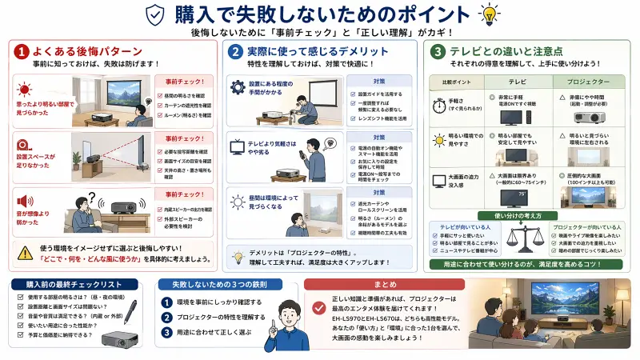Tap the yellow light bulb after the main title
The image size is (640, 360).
pyautogui.click(x=487, y=15)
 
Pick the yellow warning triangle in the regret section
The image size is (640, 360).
pyautogui.click(x=24, y=253)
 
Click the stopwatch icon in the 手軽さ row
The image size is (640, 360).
pyautogui.click(x=439, y=105)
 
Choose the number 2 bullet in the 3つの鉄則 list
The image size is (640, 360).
pyautogui.click(x=166, y=318)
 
